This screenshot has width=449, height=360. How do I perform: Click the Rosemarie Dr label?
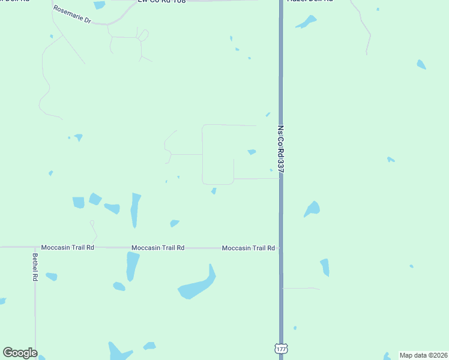coord(71,14)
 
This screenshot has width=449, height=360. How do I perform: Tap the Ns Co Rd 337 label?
coord(280,149)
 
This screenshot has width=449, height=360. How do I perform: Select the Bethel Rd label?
coord(35,268)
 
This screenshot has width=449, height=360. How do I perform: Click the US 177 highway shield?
coord(280,348)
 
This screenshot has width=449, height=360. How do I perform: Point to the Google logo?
coord(20,353)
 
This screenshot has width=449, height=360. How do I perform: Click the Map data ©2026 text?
coord(424,355)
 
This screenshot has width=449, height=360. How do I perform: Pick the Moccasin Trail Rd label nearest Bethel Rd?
coord(67,247)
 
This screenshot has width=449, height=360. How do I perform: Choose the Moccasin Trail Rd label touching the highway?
coord(248,248)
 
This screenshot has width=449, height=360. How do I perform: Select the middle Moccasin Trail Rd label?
coord(157,248)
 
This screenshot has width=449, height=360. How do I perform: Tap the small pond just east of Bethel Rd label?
coord(52,277)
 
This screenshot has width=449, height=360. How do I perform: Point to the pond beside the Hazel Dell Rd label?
coord(306,22)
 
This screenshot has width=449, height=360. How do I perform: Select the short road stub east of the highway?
coord(300,289)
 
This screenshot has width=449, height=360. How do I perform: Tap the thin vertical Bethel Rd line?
coord(35,312)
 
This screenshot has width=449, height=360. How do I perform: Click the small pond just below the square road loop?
coord(214,191)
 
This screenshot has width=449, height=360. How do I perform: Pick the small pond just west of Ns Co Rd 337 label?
coord(252,152)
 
